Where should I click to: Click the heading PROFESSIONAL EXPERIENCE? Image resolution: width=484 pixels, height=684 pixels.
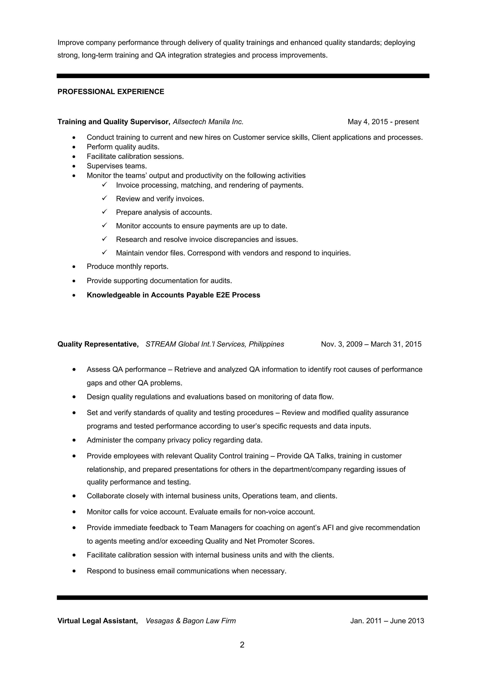point(111,92)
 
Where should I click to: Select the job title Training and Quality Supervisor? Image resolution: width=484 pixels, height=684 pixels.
point(114,122)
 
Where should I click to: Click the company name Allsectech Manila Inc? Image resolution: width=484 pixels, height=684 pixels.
point(208,122)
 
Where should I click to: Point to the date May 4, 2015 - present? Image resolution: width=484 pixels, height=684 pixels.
point(383,122)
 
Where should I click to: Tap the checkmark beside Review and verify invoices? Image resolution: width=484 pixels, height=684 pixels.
point(104,198)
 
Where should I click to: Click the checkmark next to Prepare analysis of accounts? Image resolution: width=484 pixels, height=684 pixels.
point(104,212)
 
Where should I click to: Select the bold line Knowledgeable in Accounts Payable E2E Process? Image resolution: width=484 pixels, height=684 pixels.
point(173,295)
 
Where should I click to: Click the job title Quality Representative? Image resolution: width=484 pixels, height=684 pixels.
point(98,344)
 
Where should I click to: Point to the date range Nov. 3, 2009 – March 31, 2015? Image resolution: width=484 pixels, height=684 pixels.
point(371,344)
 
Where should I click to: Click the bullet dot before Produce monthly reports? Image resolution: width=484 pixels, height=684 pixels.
point(74,267)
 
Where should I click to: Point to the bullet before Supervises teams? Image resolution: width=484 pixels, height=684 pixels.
point(74,166)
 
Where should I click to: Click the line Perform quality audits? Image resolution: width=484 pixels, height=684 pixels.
point(123,147)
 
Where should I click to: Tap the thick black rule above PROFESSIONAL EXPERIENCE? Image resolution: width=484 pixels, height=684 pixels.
point(243,76)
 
